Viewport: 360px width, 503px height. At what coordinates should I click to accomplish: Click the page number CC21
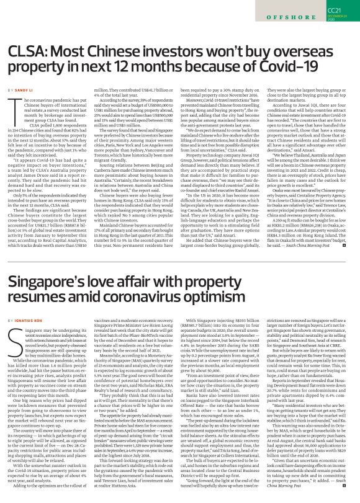(x=334, y=11)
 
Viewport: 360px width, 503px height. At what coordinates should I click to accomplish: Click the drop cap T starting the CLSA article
(x=13, y=107)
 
